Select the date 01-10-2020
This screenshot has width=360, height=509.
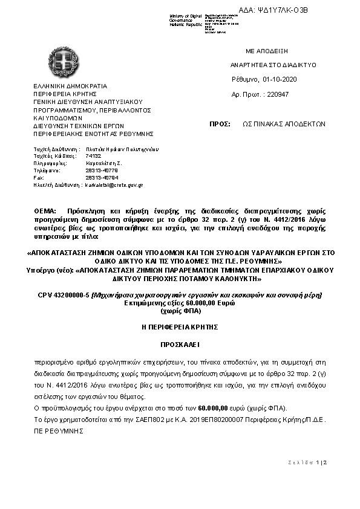coord(280,79)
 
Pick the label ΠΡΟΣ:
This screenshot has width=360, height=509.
coord(219,123)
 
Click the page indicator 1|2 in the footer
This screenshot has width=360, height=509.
coord(321,462)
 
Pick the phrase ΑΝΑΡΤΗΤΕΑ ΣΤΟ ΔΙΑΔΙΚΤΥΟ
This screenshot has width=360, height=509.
coord(273,65)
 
